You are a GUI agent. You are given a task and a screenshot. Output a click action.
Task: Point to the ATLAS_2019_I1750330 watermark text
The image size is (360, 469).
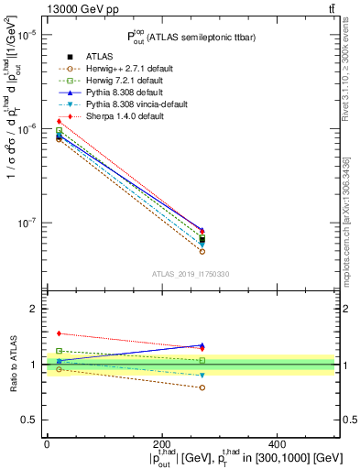coord(191,274)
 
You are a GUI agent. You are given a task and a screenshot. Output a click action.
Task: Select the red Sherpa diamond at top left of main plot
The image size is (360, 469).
coord(59,121)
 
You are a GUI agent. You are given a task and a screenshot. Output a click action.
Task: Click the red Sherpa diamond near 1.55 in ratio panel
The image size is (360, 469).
coord(59,333)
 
